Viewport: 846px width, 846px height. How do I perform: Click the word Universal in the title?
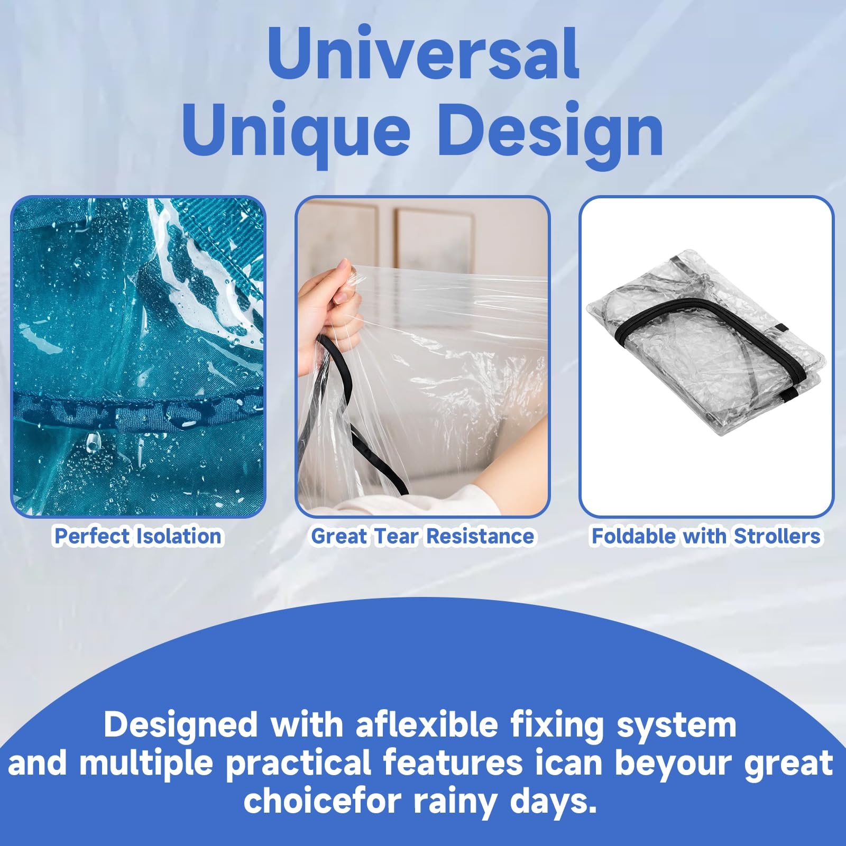tap(423, 53)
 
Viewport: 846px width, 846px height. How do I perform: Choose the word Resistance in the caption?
tap(480, 536)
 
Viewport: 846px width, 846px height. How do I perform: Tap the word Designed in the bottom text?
tap(181, 725)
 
